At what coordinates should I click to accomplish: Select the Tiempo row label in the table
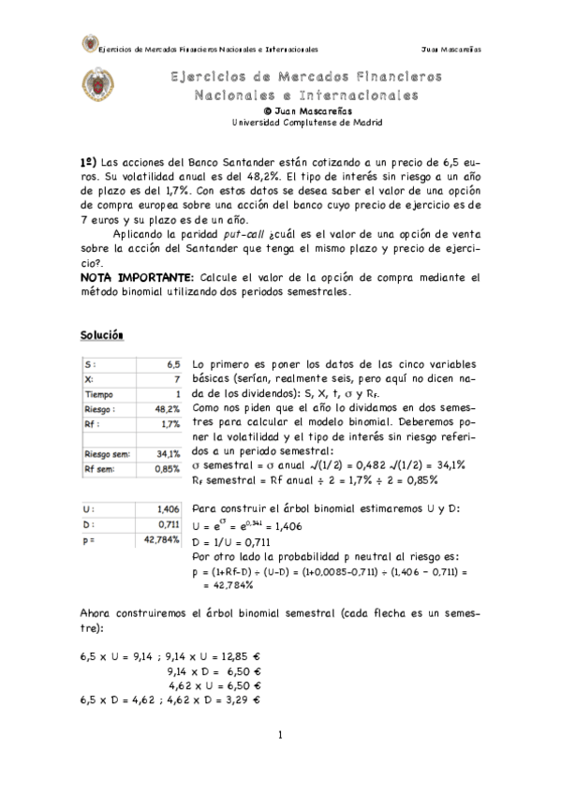[x=101, y=394]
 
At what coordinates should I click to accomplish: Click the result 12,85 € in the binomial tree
[x=242, y=656]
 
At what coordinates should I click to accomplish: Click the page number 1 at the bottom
[x=280, y=735]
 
